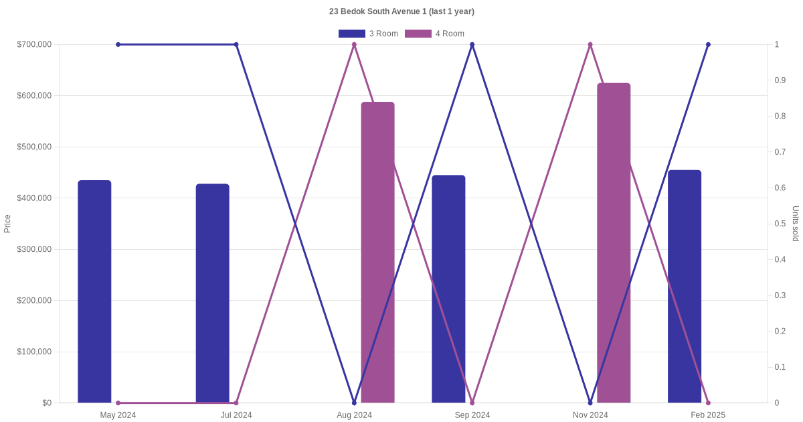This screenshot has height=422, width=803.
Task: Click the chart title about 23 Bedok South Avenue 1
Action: tap(401, 11)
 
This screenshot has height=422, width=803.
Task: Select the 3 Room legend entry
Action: tap(368, 33)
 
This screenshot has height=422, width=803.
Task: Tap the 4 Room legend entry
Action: tap(434, 33)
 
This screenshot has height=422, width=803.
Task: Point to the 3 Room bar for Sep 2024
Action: tap(448, 289)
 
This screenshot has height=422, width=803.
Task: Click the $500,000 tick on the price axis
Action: tap(34, 147)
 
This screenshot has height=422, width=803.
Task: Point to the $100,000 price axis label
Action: tap(34, 352)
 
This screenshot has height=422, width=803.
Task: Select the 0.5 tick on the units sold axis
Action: tap(780, 224)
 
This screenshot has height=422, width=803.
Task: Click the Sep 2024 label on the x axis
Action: tap(472, 415)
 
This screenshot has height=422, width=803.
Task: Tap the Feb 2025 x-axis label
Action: tap(708, 415)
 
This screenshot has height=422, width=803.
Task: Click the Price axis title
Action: tap(7, 224)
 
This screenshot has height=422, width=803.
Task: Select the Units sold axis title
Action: tap(796, 224)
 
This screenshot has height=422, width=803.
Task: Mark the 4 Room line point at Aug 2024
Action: tap(354, 45)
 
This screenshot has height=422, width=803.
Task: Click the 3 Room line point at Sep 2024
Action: tap(472, 45)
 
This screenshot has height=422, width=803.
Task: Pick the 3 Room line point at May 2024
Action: tap(118, 45)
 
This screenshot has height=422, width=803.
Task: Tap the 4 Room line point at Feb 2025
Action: tap(708, 403)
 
